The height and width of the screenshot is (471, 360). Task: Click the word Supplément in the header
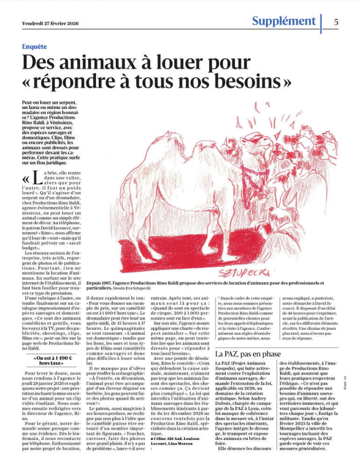pyautogui.click(x=284, y=21)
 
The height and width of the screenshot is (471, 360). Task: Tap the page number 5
pyautogui.click(x=336, y=22)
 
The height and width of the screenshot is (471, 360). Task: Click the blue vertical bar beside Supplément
pyautogui.click(x=321, y=23)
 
